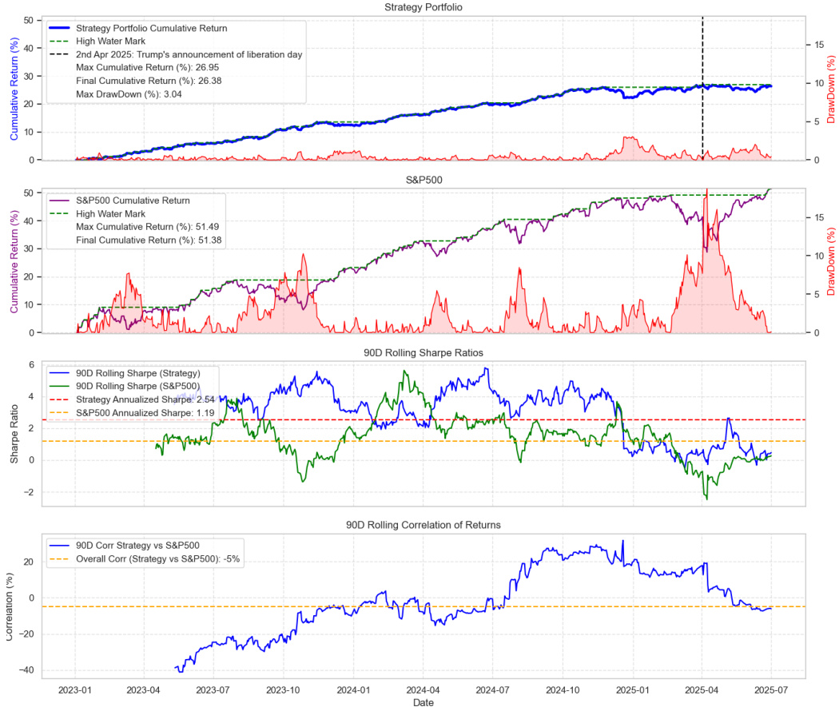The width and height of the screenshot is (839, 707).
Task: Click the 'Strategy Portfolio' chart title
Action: point(423,7)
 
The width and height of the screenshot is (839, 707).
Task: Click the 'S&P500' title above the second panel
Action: point(423,180)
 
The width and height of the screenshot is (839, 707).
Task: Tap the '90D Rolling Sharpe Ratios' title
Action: point(423,352)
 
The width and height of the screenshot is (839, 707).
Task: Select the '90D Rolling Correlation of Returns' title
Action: point(423,525)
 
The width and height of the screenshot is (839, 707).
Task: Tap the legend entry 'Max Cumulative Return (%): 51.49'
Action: point(148,227)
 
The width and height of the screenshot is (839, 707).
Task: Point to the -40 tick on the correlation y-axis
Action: point(29,670)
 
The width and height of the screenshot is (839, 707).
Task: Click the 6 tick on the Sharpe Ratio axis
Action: point(33,364)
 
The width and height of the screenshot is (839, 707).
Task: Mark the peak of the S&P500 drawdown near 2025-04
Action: point(706,190)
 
